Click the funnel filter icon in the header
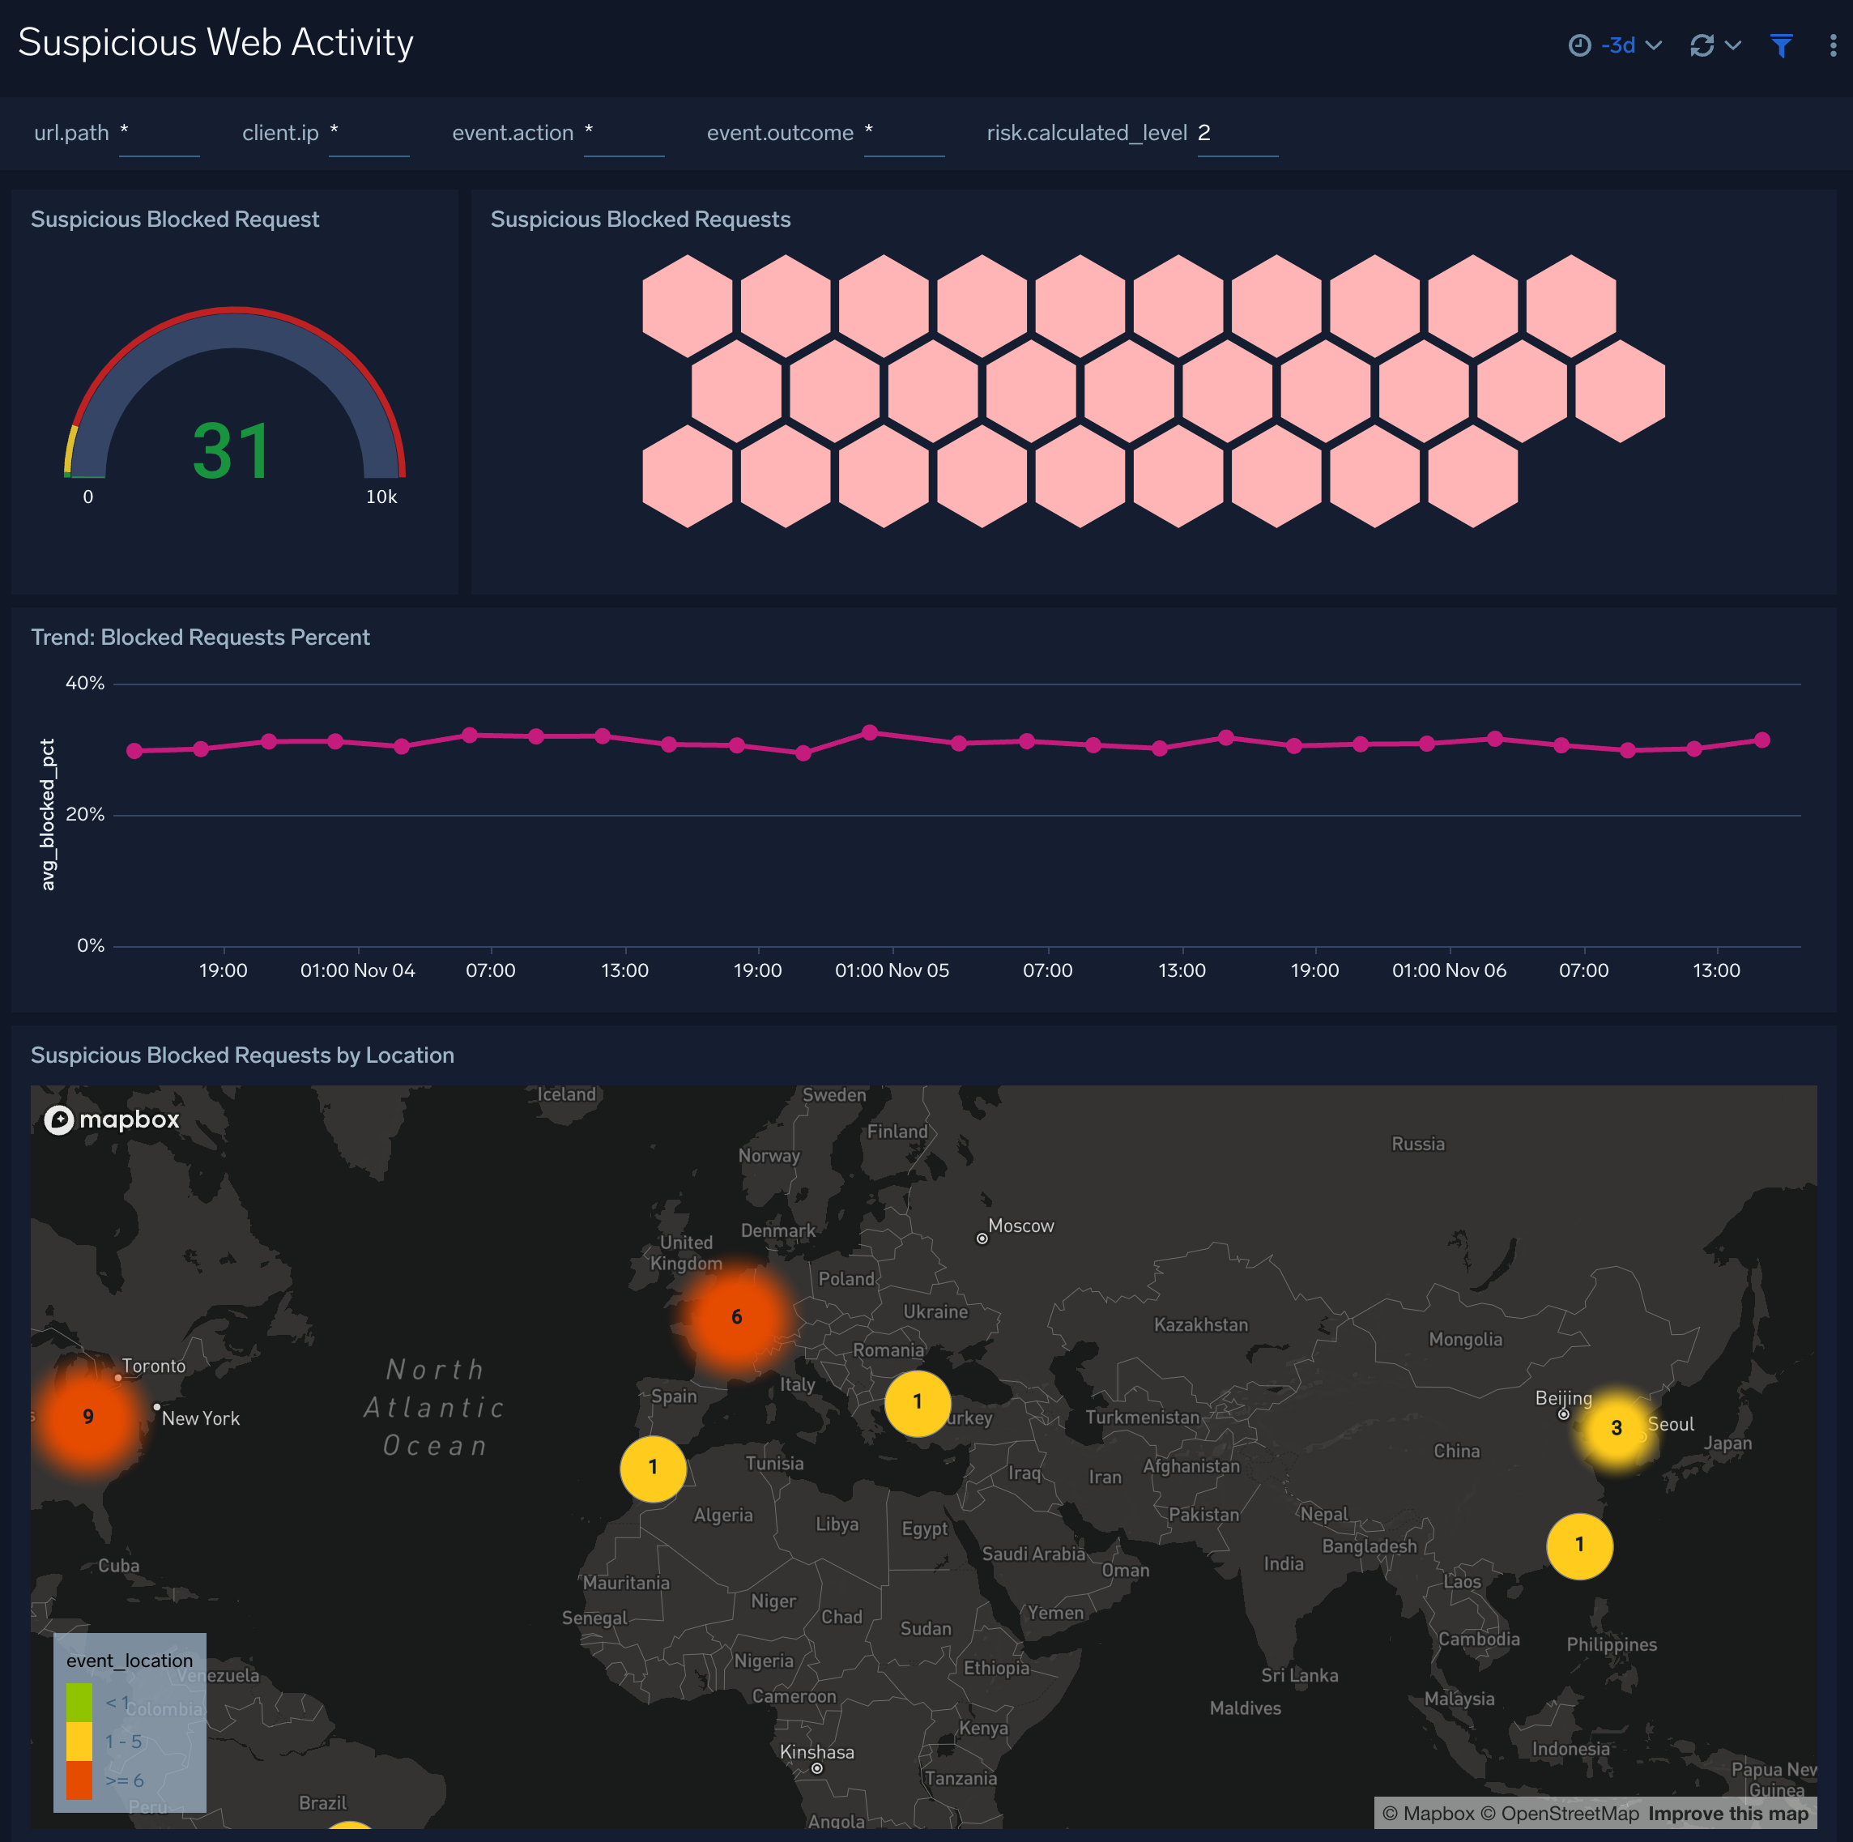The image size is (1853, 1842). click(1781, 45)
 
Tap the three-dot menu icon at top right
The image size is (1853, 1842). click(1833, 45)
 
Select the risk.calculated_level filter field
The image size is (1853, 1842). click(1237, 134)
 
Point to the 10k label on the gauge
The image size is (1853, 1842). click(381, 497)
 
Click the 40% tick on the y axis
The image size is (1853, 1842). click(84, 683)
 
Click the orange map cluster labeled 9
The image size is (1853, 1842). click(88, 1416)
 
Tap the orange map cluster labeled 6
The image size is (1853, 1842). click(737, 1316)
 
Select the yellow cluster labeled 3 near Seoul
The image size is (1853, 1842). click(1616, 1427)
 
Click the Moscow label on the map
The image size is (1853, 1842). click(1020, 1226)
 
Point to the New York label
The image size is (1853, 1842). click(201, 1418)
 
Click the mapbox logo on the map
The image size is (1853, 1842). click(113, 1119)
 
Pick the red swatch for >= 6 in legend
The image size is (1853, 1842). click(79, 1780)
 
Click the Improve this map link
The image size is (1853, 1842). click(1728, 1813)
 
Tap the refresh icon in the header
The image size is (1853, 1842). click(1702, 45)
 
